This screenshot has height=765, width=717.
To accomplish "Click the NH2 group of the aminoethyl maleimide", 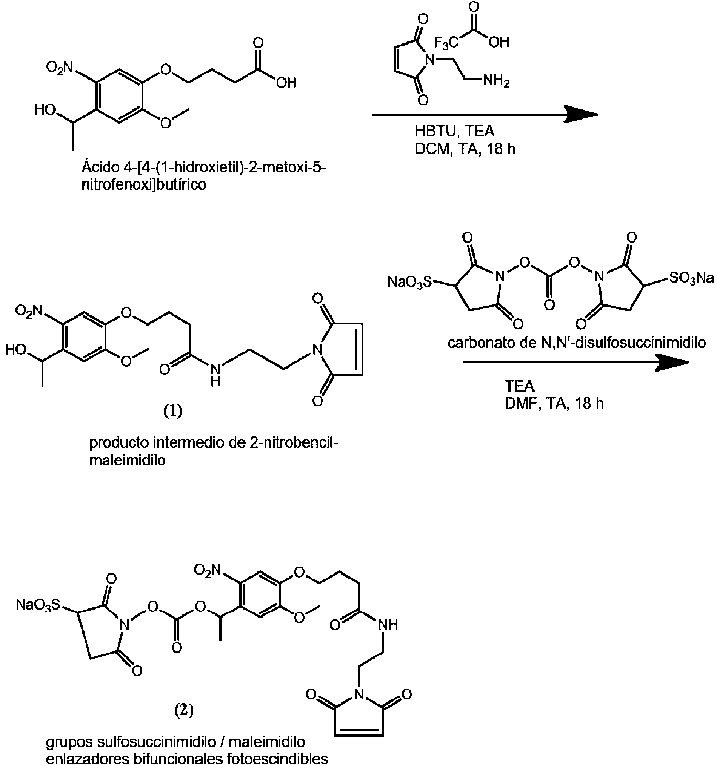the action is coord(497,81).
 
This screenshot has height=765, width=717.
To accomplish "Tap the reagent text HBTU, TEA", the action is coord(454,131).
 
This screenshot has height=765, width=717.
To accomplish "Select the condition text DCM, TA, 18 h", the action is coord(465,149).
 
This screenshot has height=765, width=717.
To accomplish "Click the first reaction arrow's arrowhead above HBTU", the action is coord(581,115).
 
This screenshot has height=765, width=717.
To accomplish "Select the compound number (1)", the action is coord(173,411).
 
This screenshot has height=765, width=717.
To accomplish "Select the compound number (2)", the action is coord(184,710).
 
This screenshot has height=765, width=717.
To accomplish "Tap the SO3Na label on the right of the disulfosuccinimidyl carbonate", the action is coord(692,278).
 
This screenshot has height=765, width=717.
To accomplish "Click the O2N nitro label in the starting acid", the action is coord(59,68).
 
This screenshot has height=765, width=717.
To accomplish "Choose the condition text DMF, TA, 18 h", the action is coord(554,403).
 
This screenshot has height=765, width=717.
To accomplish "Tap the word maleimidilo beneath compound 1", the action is coord(128,460).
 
